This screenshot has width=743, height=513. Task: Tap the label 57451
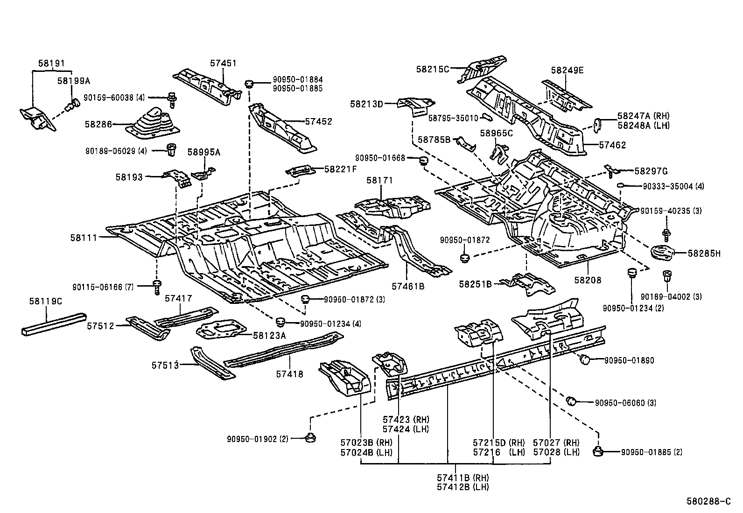coord(223,63)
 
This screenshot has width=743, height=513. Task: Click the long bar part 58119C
coord(54,323)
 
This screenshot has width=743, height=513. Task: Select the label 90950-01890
coord(629,360)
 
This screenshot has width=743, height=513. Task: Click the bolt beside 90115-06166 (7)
coord(157,287)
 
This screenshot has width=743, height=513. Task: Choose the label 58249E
coord(567,70)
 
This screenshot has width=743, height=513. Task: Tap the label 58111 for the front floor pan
coord(84,238)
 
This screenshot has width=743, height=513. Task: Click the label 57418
coord(289,374)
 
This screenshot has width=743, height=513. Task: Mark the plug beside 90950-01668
coord(424,161)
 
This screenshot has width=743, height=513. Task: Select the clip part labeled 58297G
coord(611,170)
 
